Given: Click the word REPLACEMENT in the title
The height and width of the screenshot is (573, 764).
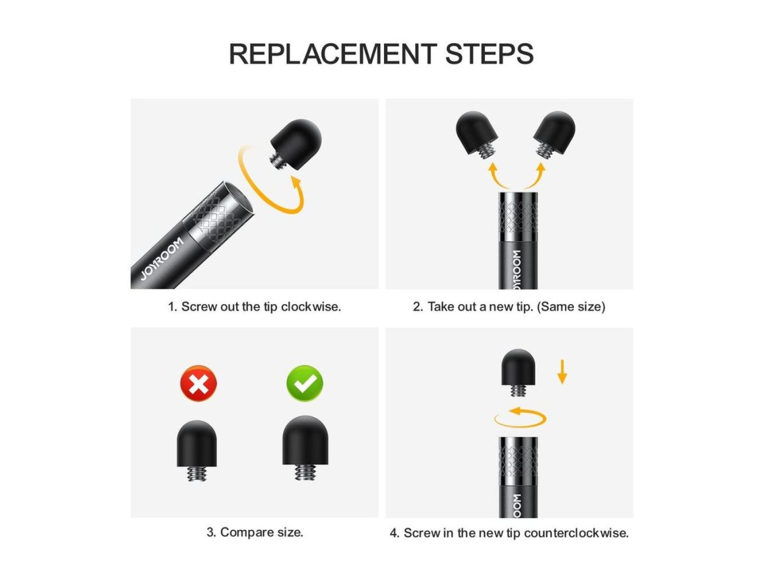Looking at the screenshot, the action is (x=333, y=54).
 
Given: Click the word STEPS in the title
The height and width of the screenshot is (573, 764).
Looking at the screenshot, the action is (x=490, y=54).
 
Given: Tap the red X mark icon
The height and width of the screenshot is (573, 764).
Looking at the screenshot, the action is (x=198, y=383).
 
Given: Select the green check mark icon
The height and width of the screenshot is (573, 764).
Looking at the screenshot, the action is (x=305, y=383).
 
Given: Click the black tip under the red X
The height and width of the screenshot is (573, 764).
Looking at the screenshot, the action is (x=197, y=450).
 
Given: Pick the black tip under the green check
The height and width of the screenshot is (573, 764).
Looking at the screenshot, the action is (x=305, y=447).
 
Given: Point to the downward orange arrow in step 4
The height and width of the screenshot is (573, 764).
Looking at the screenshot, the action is (x=562, y=372).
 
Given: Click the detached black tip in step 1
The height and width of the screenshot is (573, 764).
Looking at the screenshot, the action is (x=295, y=144).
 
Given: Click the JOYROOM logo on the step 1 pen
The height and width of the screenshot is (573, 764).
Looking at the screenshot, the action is (x=162, y=259).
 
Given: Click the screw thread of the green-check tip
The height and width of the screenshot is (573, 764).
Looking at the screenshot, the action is (x=305, y=472).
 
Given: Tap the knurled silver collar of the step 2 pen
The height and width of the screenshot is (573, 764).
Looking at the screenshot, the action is (x=519, y=215).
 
